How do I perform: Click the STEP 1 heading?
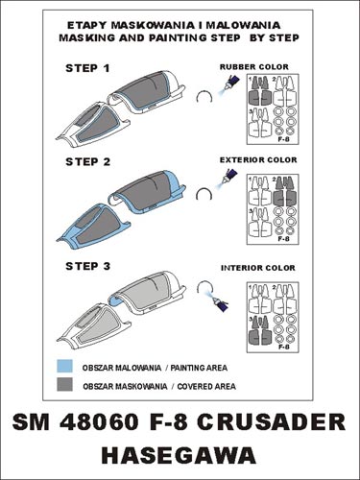coord(87,68)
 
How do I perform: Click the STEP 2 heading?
coord(87,161)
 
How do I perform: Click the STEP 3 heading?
coord(87,266)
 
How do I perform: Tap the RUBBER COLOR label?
coord(254,67)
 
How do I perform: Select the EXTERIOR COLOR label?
coord(258,159)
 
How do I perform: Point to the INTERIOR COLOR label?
coord(258,268)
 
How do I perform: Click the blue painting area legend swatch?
coord(64,366)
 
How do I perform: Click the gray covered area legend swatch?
coord(64,384)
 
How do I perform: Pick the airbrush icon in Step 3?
coord(218,300)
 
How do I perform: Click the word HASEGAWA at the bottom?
coord(180,455)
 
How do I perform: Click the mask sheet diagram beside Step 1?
coord(273,109)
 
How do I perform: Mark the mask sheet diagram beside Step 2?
coord(273,209)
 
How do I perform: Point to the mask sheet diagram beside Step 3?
coord(273,317)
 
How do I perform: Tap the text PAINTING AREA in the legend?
coord(199,368)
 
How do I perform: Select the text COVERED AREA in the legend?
coord(206,386)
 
